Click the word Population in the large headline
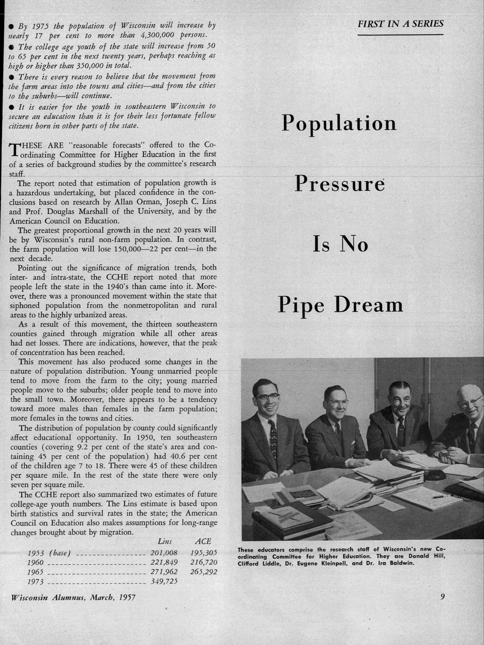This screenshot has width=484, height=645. pyautogui.click(x=339, y=123)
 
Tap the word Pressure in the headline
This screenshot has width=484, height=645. pyautogui.click(x=339, y=185)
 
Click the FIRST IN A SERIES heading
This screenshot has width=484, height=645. pyautogui.click(x=400, y=24)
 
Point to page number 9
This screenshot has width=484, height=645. pyautogui.click(x=442, y=596)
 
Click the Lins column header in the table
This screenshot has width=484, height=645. pyautogui.click(x=165, y=542)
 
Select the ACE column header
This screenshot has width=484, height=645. pyautogui.click(x=203, y=542)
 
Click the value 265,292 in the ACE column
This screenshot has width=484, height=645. pyautogui.click(x=204, y=572)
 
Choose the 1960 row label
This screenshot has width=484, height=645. pyautogui.click(x=36, y=562)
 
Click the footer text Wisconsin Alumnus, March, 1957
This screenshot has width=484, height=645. pyautogui.click(x=73, y=597)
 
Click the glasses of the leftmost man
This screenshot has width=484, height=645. pyautogui.click(x=268, y=399)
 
